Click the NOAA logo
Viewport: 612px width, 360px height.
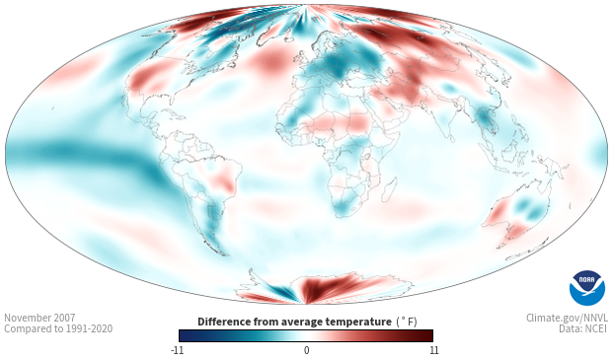tap(587, 287)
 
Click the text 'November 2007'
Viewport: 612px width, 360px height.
tap(39, 318)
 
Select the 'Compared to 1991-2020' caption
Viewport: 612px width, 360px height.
tap(58, 328)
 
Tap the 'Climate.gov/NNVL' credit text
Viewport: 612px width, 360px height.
tap(567, 318)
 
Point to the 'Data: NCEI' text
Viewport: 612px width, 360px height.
tap(583, 328)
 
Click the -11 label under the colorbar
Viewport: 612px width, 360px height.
tap(178, 350)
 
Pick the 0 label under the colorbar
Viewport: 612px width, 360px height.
tap(306, 350)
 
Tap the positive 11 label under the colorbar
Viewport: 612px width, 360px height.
tap(433, 350)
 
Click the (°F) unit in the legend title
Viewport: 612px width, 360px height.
tap(407, 323)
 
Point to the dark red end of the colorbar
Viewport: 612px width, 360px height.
tap(427, 335)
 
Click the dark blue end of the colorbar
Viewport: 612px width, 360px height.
tap(185, 335)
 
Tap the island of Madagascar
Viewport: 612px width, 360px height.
tap(389, 190)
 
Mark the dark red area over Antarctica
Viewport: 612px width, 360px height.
tap(324, 288)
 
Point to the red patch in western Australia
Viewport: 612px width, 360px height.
tap(497, 212)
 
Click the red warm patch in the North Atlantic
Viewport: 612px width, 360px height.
tap(270, 61)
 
